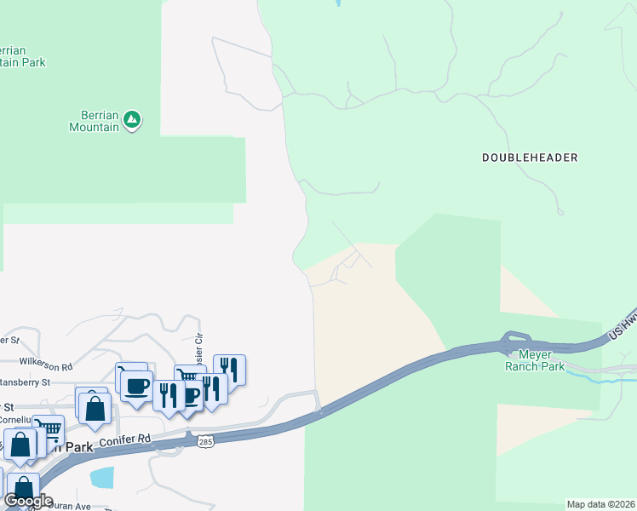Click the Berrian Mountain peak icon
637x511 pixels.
click(131, 120)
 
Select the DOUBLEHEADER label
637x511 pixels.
click(530, 158)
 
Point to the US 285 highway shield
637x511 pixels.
click(204, 441)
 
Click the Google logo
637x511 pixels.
click(28, 501)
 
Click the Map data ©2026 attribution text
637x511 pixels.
click(600, 504)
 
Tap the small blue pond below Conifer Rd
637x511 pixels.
click(101, 477)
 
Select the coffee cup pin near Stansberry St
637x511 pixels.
click(136, 386)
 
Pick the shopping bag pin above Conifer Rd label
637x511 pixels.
click(95, 407)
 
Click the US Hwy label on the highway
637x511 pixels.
click(623, 326)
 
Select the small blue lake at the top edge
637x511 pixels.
click(338, 3)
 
